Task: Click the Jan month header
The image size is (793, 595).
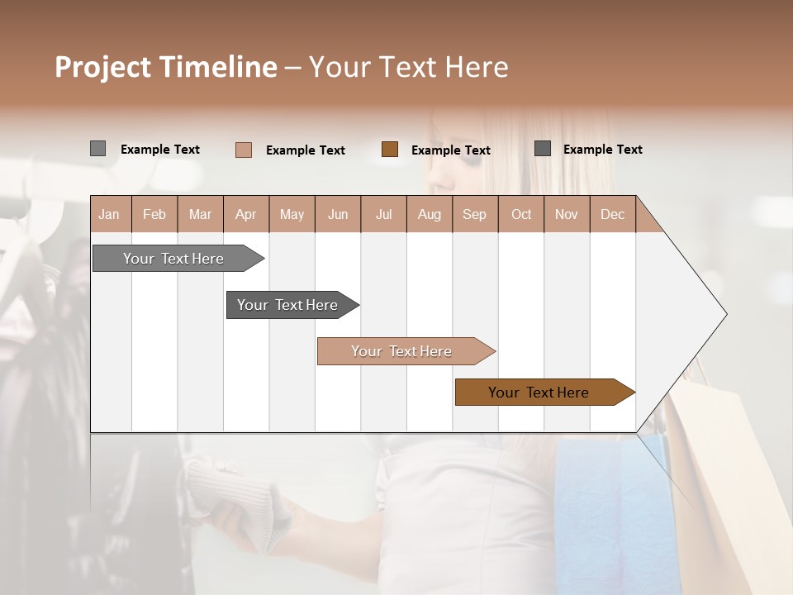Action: pyautogui.click(x=110, y=214)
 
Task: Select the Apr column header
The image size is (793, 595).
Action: pyautogui.click(x=246, y=214)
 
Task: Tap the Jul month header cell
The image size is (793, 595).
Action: pyautogui.click(x=383, y=214)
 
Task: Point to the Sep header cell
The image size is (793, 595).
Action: pyautogui.click(x=474, y=214)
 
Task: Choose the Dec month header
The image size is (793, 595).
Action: pyautogui.click(x=612, y=214)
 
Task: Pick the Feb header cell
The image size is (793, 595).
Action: pyautogui.click(x=154, y=214)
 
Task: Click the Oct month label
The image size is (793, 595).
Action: pyautogui.click(x=521, y=214)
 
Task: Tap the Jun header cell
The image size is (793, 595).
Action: pyautogui.click(x=338, y=214)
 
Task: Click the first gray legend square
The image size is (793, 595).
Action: pyautogui.click(x=97, y=149)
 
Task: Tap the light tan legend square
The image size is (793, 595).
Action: pyautogui.click(x=243, y=150)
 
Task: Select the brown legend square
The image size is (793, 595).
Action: pyautogui.click(x=390, y=149)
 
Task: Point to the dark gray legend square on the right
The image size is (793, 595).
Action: pyautogui.click(x=543, y=149)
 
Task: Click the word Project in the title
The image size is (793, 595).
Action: pyautogui.click(x=103, y=67)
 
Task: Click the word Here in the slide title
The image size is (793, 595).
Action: pyautogui.click(x=477, y=67)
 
